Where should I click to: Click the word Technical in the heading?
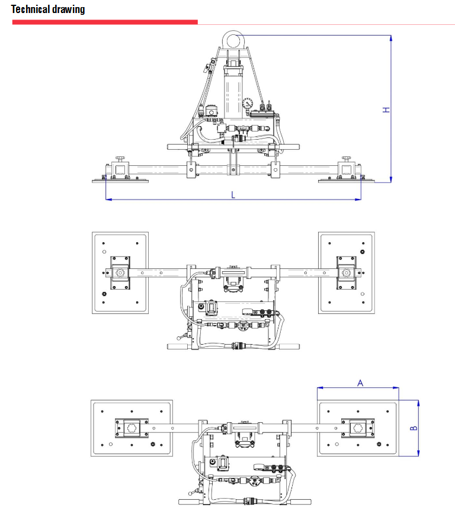point(30,9)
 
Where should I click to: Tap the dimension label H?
point(386,110)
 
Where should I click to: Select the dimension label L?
point(233,194)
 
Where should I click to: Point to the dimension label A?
point(360,383)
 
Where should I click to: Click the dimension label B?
point(414,428)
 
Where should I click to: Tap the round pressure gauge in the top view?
point(248,104)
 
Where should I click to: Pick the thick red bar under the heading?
point(105,22)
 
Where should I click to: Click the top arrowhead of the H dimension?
point(391,38)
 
